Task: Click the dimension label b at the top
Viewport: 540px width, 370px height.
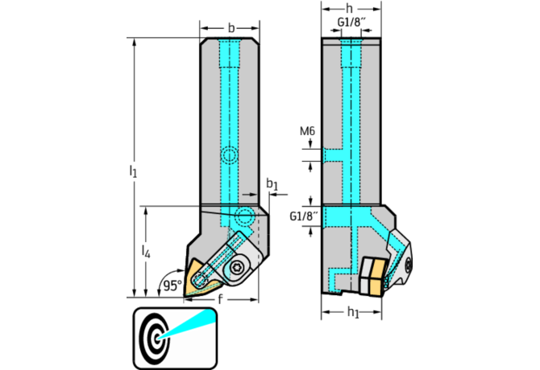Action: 231,28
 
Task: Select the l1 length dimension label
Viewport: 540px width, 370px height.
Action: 133,171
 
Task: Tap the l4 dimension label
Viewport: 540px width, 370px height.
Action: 146,253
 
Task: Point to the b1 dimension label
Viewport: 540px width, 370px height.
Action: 272,187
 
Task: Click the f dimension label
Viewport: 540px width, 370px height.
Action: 218,298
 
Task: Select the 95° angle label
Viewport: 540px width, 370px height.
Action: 171,285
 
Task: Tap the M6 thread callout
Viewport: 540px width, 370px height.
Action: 307,132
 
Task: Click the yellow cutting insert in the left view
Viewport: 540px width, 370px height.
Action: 200,281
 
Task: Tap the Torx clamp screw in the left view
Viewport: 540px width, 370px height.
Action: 238,269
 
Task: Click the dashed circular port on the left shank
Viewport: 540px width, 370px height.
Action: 231,155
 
